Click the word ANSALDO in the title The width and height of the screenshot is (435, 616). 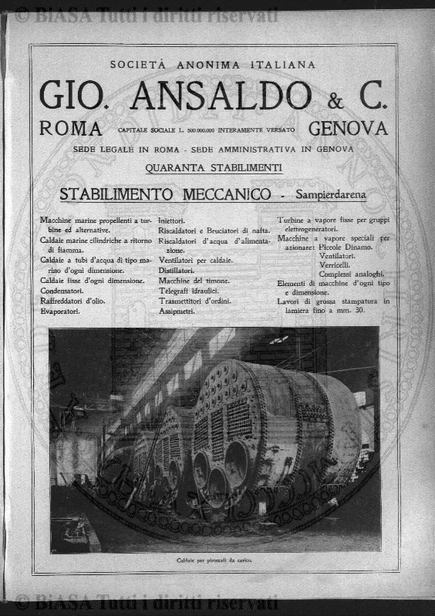click(221, 96)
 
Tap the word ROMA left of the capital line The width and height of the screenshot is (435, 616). click(71, 129)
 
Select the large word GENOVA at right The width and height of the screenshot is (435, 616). click(348, 129)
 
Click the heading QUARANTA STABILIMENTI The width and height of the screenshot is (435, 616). click(214, 167)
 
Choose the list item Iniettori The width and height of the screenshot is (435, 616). click(176, 220)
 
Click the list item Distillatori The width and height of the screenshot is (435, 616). click(176, 271)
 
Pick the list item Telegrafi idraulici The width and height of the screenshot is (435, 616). click(189, 291)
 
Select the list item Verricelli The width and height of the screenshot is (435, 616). click(335, 264)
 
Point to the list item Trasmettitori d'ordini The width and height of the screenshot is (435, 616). click(194, 301)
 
